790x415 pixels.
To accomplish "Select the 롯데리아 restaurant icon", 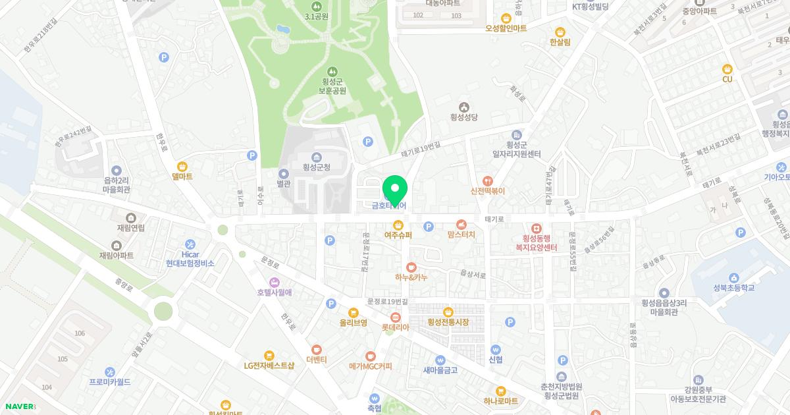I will click(396, 318).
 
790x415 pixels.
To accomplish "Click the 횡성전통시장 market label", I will click(448, 322).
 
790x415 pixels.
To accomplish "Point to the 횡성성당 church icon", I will click(464, 107).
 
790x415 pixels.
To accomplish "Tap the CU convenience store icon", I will click(727, 69).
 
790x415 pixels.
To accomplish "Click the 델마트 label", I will click(182, 177).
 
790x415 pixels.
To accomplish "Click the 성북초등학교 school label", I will click(733, 288).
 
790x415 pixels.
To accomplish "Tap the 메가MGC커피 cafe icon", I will click(370, 356).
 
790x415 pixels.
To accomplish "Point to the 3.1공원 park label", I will click(316, 16).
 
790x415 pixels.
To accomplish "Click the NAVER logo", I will click(18, 406).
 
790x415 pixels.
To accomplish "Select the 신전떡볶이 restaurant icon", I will click(487, 180).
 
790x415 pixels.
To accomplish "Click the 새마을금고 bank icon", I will click(440, 360).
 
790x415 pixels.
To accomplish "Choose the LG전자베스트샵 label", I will click(269, 365).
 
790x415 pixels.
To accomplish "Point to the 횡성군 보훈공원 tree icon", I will click(332, 71).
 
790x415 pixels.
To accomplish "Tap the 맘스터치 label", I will click(461, 234).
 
